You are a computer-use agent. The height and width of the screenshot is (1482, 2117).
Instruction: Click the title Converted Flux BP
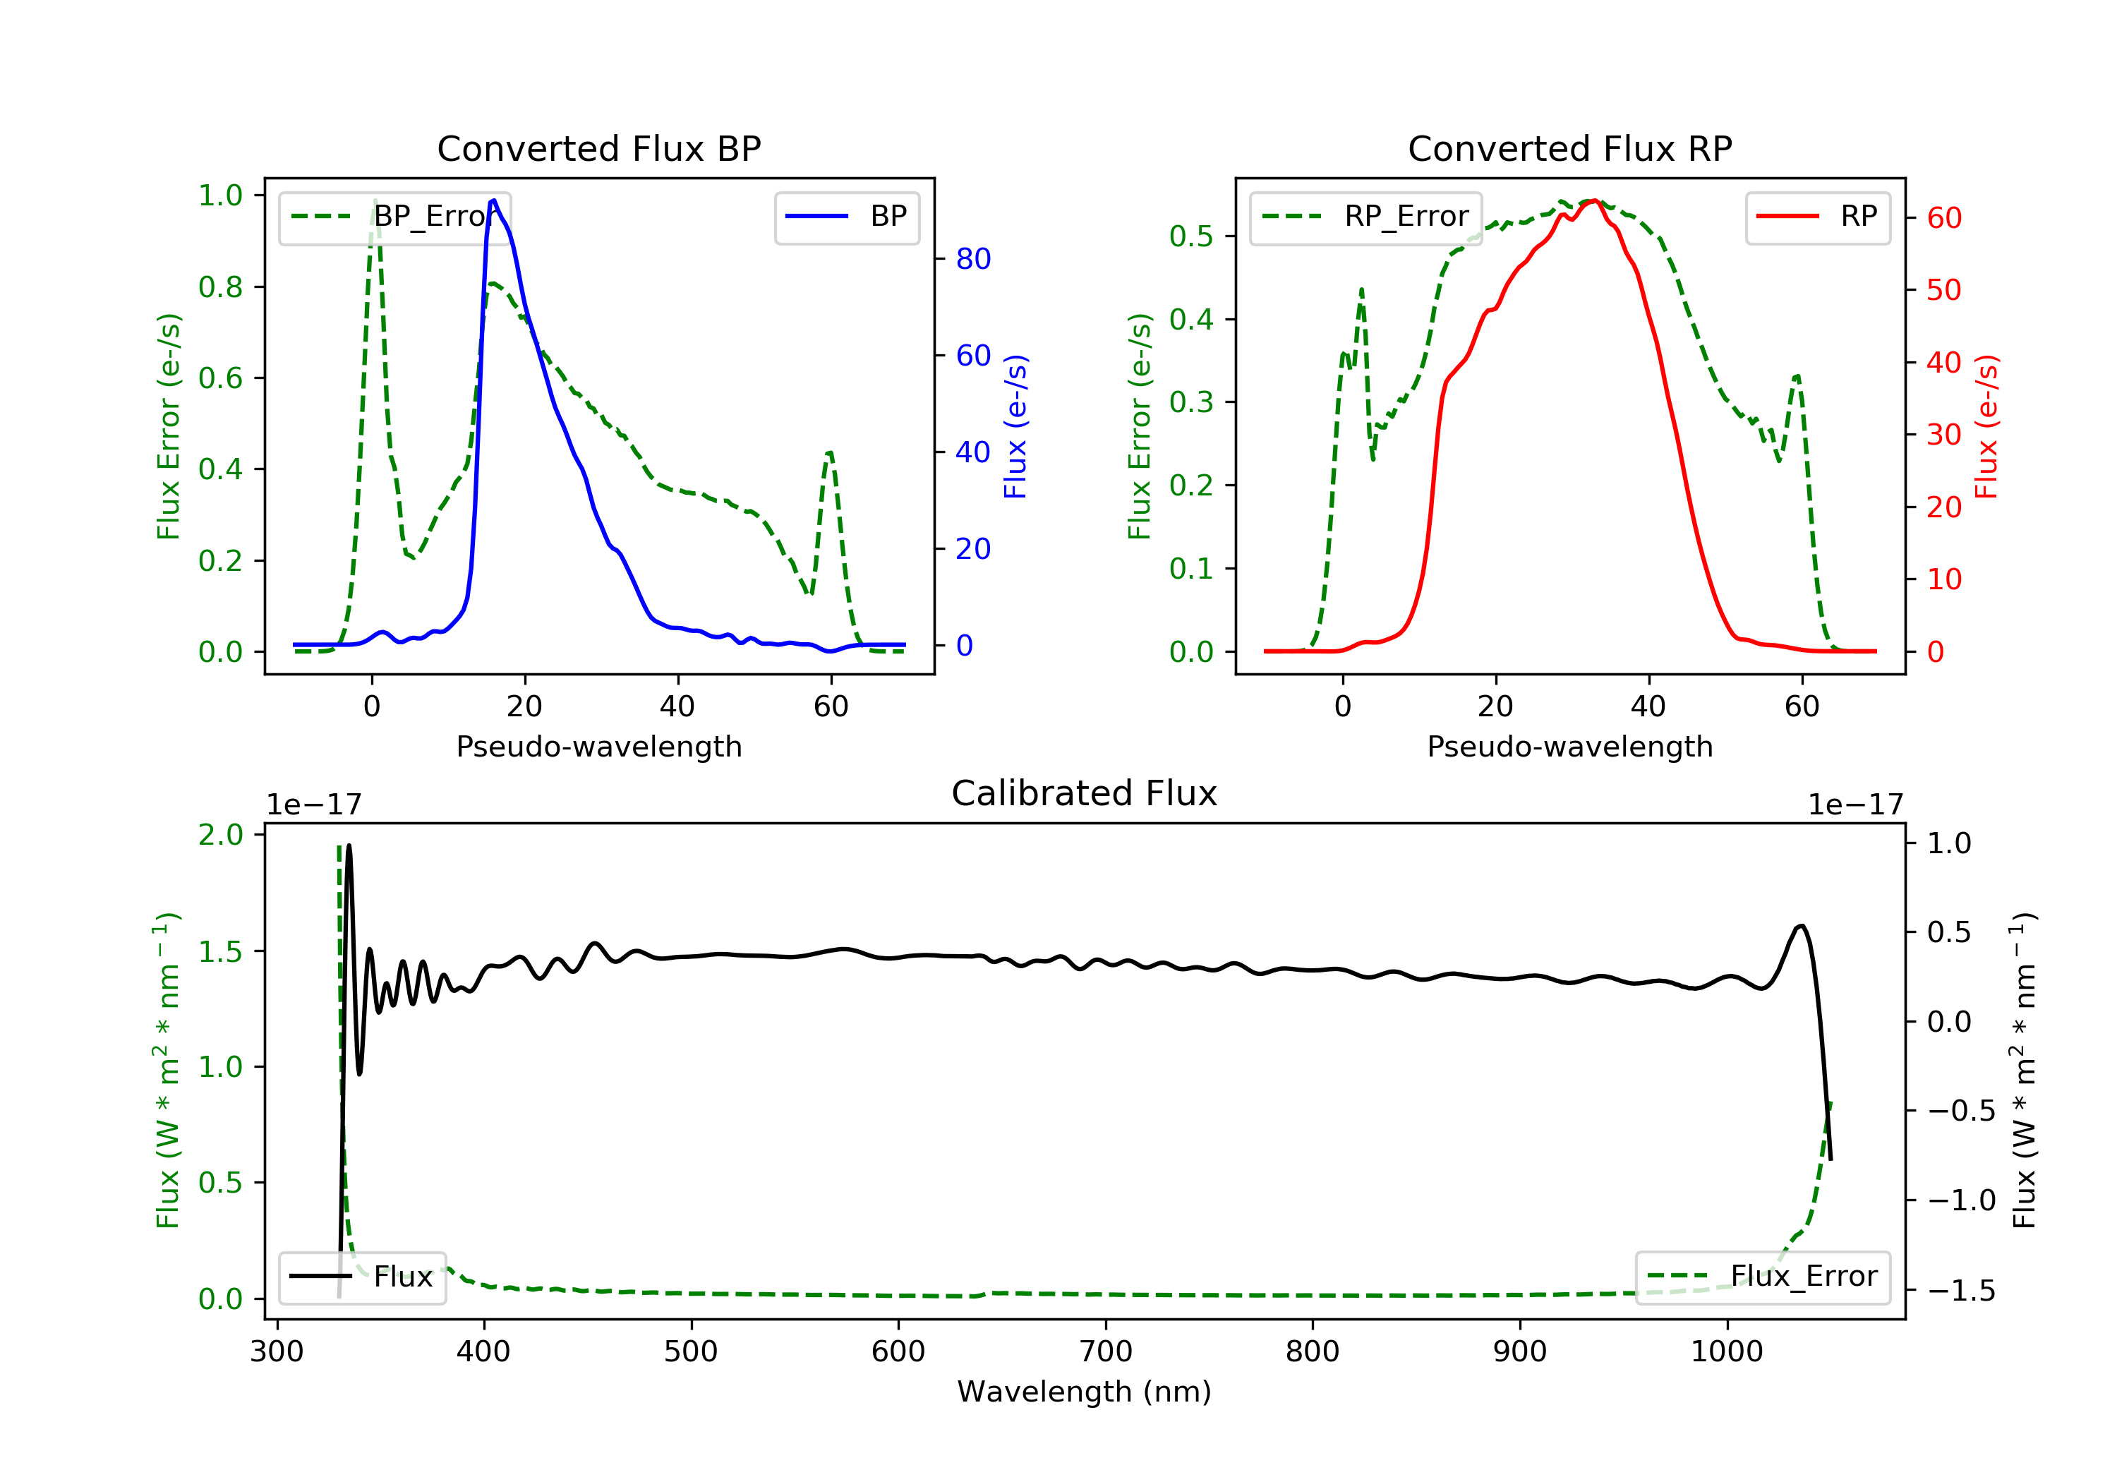tap(599, 148)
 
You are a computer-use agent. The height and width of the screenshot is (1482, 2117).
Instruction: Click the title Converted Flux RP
tap(1570, 148)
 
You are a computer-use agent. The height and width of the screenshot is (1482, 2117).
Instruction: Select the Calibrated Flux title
tap(1085, 793)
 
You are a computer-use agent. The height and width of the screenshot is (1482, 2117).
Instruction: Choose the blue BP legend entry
tap(846, 217)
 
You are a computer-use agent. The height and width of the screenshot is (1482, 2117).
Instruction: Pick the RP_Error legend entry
tap(1365, 217)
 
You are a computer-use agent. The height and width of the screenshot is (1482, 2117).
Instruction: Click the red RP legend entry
tap(1817, 217)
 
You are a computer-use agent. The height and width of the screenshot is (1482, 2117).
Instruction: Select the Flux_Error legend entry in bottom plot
tap(1762, 1277)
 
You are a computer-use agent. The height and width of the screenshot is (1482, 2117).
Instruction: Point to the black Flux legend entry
tap(361, 1277)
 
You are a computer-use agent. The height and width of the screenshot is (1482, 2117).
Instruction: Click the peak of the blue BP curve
tap(494, 200)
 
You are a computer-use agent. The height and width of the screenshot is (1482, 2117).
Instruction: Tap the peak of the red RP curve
tap(1593, 200)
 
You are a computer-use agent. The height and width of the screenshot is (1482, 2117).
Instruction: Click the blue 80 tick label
tap(974, 259)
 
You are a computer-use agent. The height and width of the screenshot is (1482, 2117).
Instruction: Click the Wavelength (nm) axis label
tap(1085, 1392)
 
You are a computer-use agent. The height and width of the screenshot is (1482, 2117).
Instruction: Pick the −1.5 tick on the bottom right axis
tap(1961, 1290)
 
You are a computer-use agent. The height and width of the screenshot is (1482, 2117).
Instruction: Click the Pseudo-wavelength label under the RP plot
tap(1570, 746)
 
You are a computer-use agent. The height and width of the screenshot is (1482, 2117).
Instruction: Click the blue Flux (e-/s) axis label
tap(1016, 427)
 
